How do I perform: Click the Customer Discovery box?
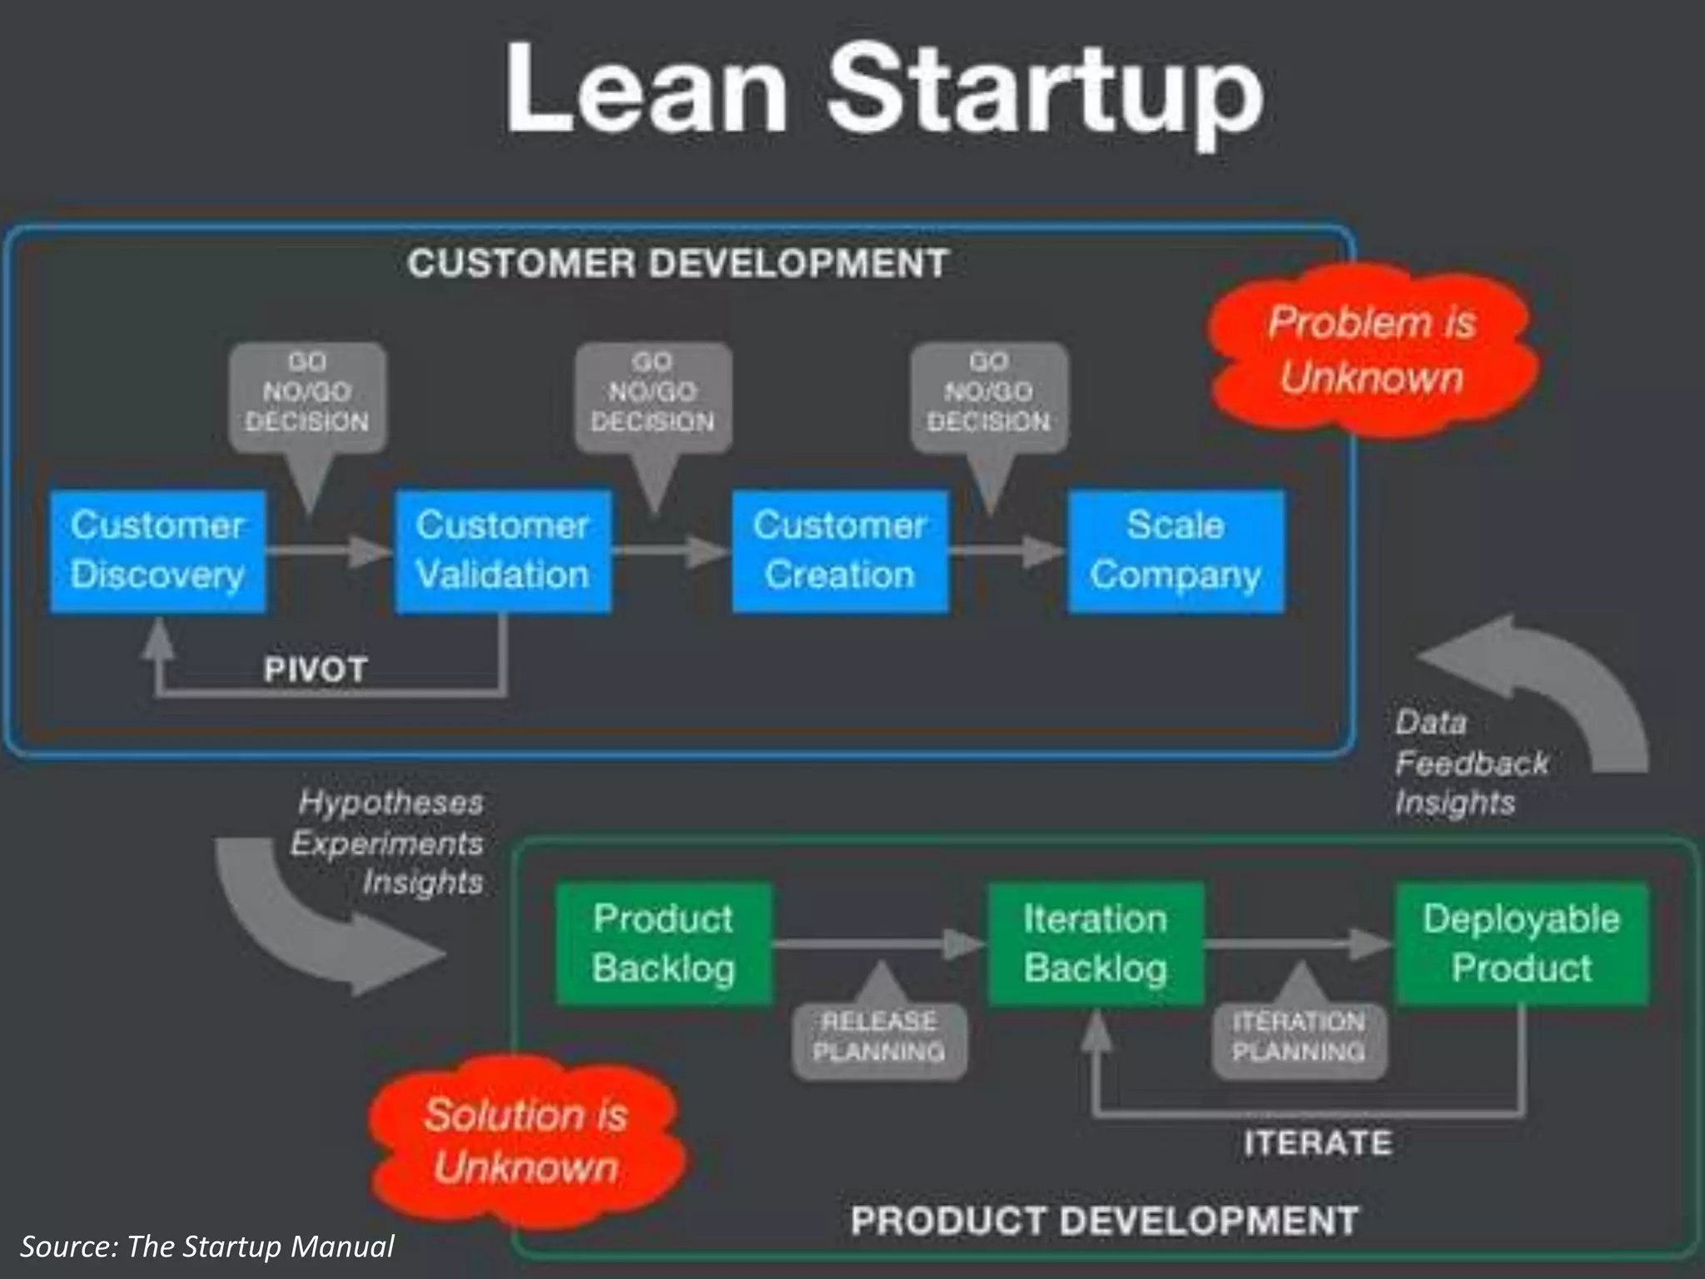click(158, 551)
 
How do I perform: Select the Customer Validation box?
click(503, 551)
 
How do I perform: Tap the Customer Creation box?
click(840, 551)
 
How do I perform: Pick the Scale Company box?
click(1176, 551)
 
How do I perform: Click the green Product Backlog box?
click(664, 944)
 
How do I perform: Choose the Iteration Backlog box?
click(1096, 944)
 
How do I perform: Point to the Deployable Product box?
click(1521, 944)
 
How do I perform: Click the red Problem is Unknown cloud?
click(1372, 350)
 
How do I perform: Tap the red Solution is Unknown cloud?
click(526, 1141)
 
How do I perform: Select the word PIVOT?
click(316, 669)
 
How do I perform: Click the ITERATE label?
click(1318, 1142)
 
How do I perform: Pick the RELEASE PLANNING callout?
click(879, 1038)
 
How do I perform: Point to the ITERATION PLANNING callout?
click(1299, 1038)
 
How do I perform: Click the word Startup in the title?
click(1045, 92)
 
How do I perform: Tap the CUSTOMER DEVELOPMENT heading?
click(678, 264)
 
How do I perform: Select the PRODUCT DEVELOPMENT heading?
click(1104, 1222)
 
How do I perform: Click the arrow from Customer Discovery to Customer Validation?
click(330, 550)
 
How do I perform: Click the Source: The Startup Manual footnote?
click(206, 1247)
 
